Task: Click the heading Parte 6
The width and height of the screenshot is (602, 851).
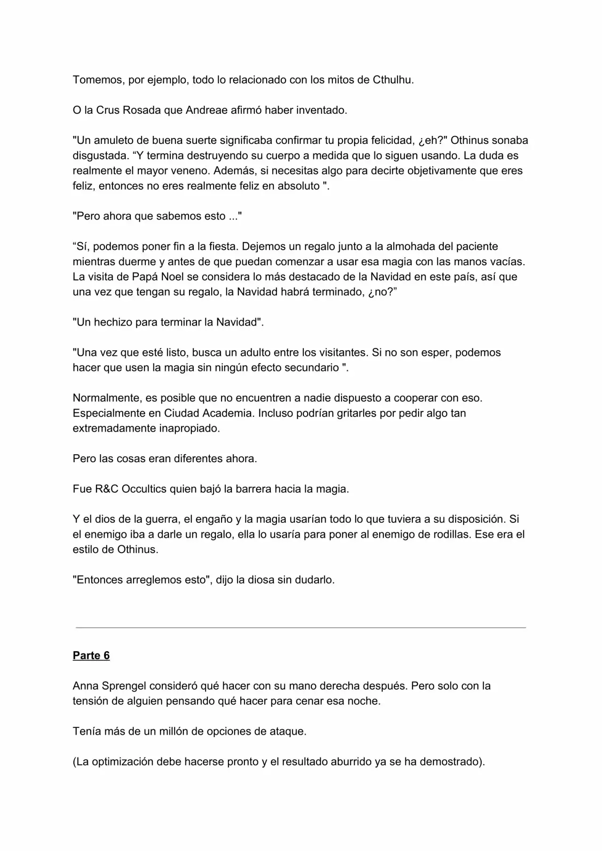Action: tap(91, 656)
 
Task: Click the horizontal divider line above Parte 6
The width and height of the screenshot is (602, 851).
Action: tap(301, 627)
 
